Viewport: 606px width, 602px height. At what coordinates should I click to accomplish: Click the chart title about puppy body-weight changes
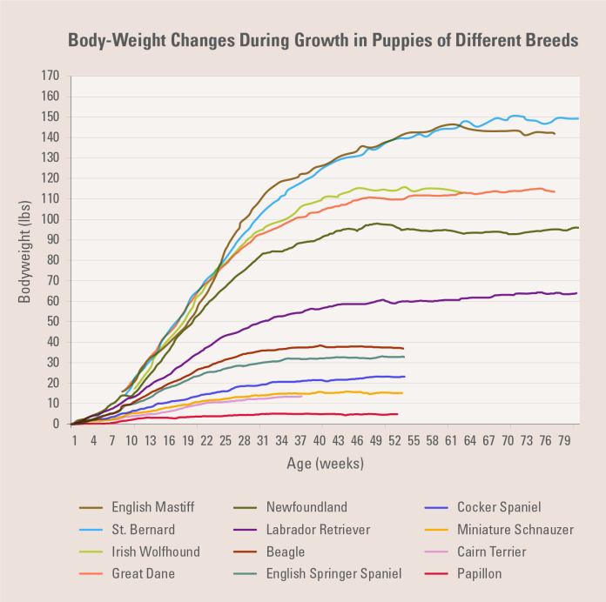pyautogui.click(x=322, y=41)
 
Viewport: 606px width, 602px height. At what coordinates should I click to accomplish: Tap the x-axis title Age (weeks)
pyautogui.click(x=325, y=464)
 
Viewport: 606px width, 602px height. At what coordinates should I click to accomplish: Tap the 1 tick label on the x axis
pyautogui.click(x=75, y=441)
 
